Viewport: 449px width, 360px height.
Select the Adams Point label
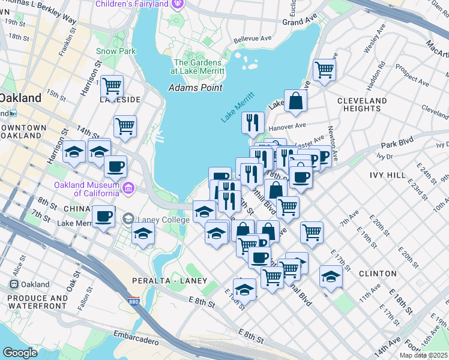(x=195, y=88)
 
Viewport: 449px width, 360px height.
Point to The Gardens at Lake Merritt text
(x=199, y=67)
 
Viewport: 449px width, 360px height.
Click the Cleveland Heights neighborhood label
(x=362, y=104)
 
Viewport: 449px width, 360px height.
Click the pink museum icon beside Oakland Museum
(x=128, y=189)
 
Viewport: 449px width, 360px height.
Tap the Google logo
(x=20, y=353)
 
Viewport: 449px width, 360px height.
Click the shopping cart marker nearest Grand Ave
(x=324, y=69)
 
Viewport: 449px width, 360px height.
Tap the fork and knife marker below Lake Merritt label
(x=253, y=122)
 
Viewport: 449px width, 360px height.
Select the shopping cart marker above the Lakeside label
(x=112, y=86)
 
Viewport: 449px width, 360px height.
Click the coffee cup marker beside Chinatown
(x=103, y=215)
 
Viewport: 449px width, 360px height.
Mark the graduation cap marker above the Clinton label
(x=331, y=276)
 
